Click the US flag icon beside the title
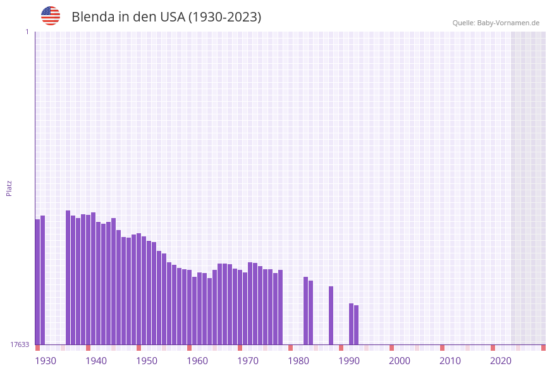coord(51,16)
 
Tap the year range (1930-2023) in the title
coord(224,17)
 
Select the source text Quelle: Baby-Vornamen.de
coord(496,23)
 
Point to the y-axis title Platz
coord(9,188)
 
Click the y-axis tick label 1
coord(27,32)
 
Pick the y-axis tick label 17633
coord(20,344)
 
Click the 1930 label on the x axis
coord(46,361)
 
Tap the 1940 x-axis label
coord(96,361)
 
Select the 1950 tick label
coord(147,361)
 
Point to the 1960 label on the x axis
coord(197,361)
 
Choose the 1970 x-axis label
coord(248,361)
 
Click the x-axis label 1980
coord(298,361)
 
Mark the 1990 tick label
coord(349,361)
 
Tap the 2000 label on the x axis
coord(400,361)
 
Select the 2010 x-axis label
coord(450,361)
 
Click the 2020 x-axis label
coord(501,361)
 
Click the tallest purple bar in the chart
coord(68,278)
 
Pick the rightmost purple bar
coord(357,325)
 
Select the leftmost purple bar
coord(38,282)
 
